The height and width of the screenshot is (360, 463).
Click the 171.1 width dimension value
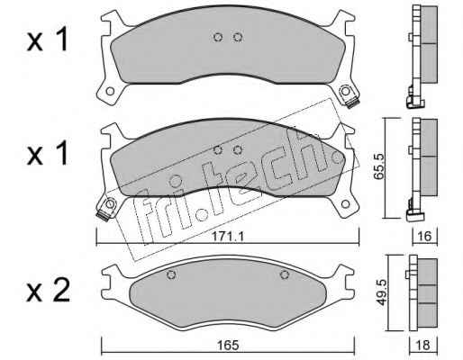(x=228, y=237)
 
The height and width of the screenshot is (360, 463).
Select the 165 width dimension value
(x=229, y=346)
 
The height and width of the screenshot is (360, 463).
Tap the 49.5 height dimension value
(x=381, y=292)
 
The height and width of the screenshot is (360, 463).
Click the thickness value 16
(x=424, y=237)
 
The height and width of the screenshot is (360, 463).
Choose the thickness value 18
(x=423, y=346)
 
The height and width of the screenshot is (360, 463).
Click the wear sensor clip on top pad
(x=352, y=103)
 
